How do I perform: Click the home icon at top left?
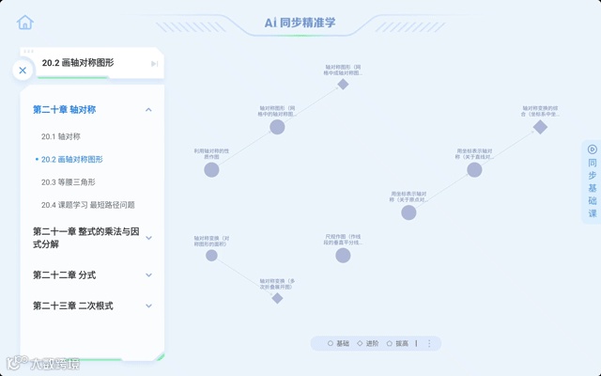(x=25, y=23)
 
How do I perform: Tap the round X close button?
(x=23, y=70)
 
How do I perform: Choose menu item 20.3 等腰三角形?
(x=68, y=182)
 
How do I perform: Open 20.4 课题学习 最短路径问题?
(x=87, y=205)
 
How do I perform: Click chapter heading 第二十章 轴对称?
(x=64, y=110)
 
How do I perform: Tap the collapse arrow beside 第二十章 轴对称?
(x=148, y=110)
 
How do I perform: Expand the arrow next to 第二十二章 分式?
(x=148, y=275)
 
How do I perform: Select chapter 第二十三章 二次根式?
(x=72, y=305)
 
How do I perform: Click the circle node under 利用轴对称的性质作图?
(x=211, y=170)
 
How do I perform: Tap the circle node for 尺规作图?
(x=343, y=255)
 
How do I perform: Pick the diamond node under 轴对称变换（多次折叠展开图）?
(x=277, y=298)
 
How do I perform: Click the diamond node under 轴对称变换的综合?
(x=540, y=127)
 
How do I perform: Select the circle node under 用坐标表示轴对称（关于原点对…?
(x=408, y=212)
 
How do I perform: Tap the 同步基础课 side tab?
(x=592, y=182)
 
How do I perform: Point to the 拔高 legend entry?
(x=398, y=344)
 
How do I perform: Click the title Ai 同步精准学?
(x=300, y=23)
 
